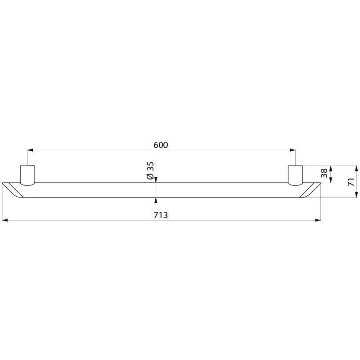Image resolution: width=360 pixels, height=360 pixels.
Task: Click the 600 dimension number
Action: coord(161,145)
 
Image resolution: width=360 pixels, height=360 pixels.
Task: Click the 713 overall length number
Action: coord(161,215)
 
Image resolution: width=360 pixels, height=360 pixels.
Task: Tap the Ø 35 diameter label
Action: coord(150,171)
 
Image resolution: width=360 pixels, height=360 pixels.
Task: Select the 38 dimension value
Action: coord(324,174)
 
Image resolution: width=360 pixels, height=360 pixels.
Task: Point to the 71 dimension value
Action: coord(351,181)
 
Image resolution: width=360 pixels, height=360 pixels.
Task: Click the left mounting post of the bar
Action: coord(27,175)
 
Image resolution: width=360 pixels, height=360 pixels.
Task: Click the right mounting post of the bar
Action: coord(296,175)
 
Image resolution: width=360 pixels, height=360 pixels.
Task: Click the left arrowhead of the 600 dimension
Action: coord(30,150)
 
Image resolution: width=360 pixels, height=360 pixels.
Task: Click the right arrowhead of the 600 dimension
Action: coord(293,150)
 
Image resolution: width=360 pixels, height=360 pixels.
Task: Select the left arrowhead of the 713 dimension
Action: coord(5,220)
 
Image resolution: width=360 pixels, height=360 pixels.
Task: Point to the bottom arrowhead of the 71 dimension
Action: coord(356,195)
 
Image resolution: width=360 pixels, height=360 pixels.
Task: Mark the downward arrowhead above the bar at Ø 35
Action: coord(156,180)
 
